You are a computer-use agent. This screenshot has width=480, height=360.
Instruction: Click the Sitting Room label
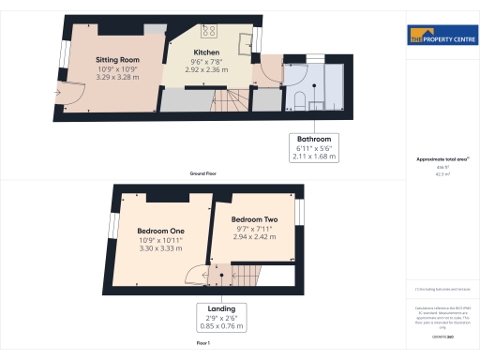(117, 59)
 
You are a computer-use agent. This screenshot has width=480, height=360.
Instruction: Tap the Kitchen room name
(206, 52)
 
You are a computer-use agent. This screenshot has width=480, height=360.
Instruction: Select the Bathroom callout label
(314, 139)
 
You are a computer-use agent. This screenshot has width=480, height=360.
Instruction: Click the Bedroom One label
(160, 231)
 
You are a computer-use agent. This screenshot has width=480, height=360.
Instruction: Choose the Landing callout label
(221, 309)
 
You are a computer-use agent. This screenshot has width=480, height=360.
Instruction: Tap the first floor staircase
(246, 274)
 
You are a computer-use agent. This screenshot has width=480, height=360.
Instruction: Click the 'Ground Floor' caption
(203, 173)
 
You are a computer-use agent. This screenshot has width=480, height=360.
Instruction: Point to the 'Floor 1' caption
(203, 344)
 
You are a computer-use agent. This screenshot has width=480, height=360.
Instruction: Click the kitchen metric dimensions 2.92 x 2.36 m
(206, 69)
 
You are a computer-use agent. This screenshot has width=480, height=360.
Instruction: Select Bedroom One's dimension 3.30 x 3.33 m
(160, 249)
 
